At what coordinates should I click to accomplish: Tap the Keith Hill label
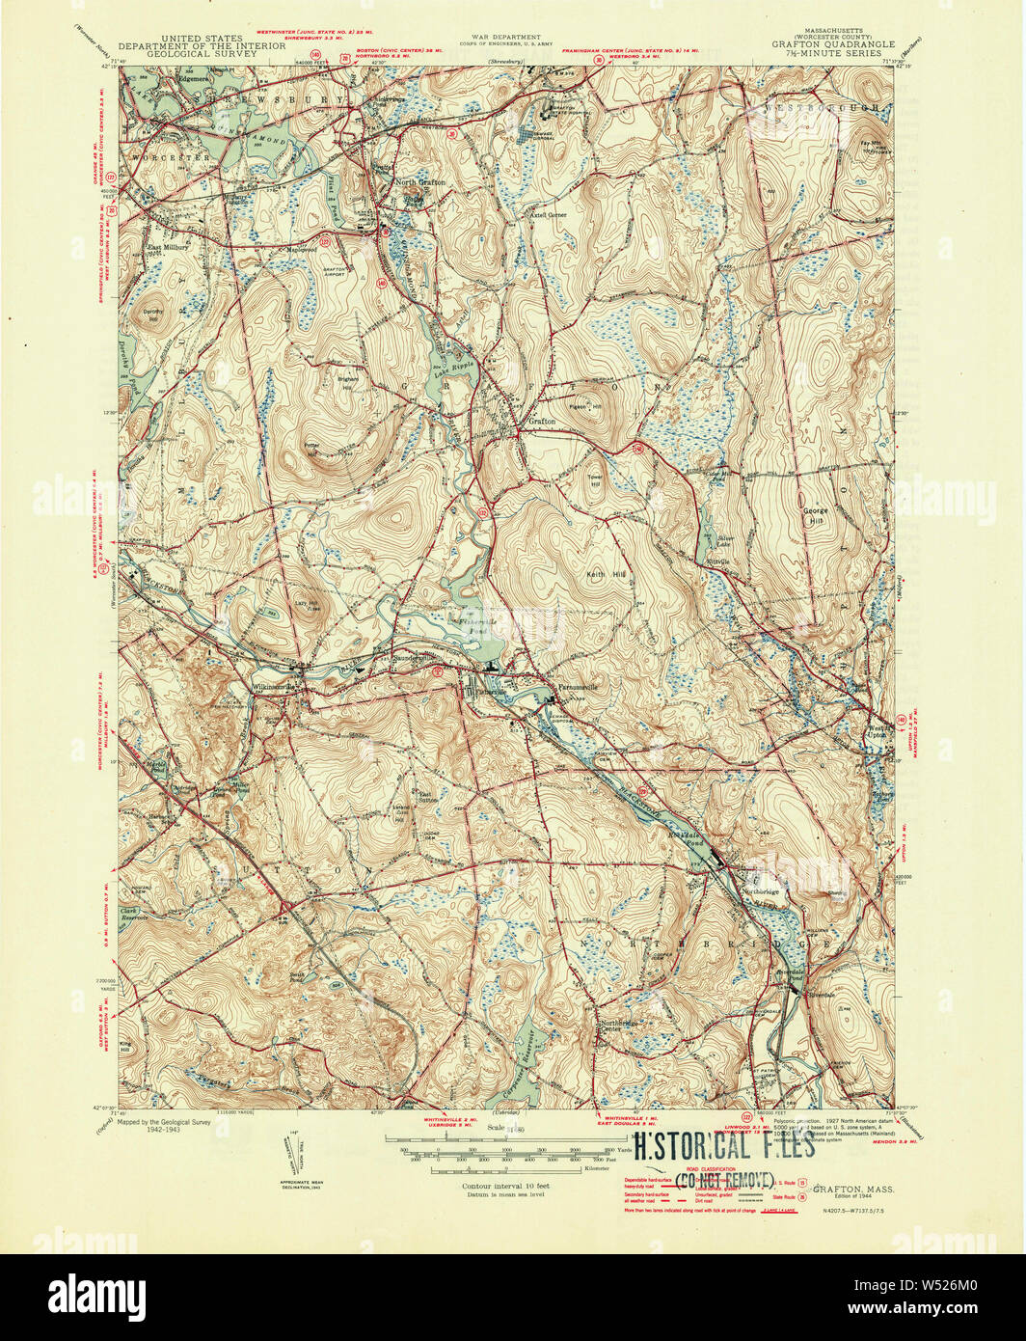click(x=607, y=574)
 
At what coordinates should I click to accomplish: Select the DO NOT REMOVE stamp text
click(x=723, y=1180)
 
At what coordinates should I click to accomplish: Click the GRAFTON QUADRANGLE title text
click(x=832, y=44)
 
